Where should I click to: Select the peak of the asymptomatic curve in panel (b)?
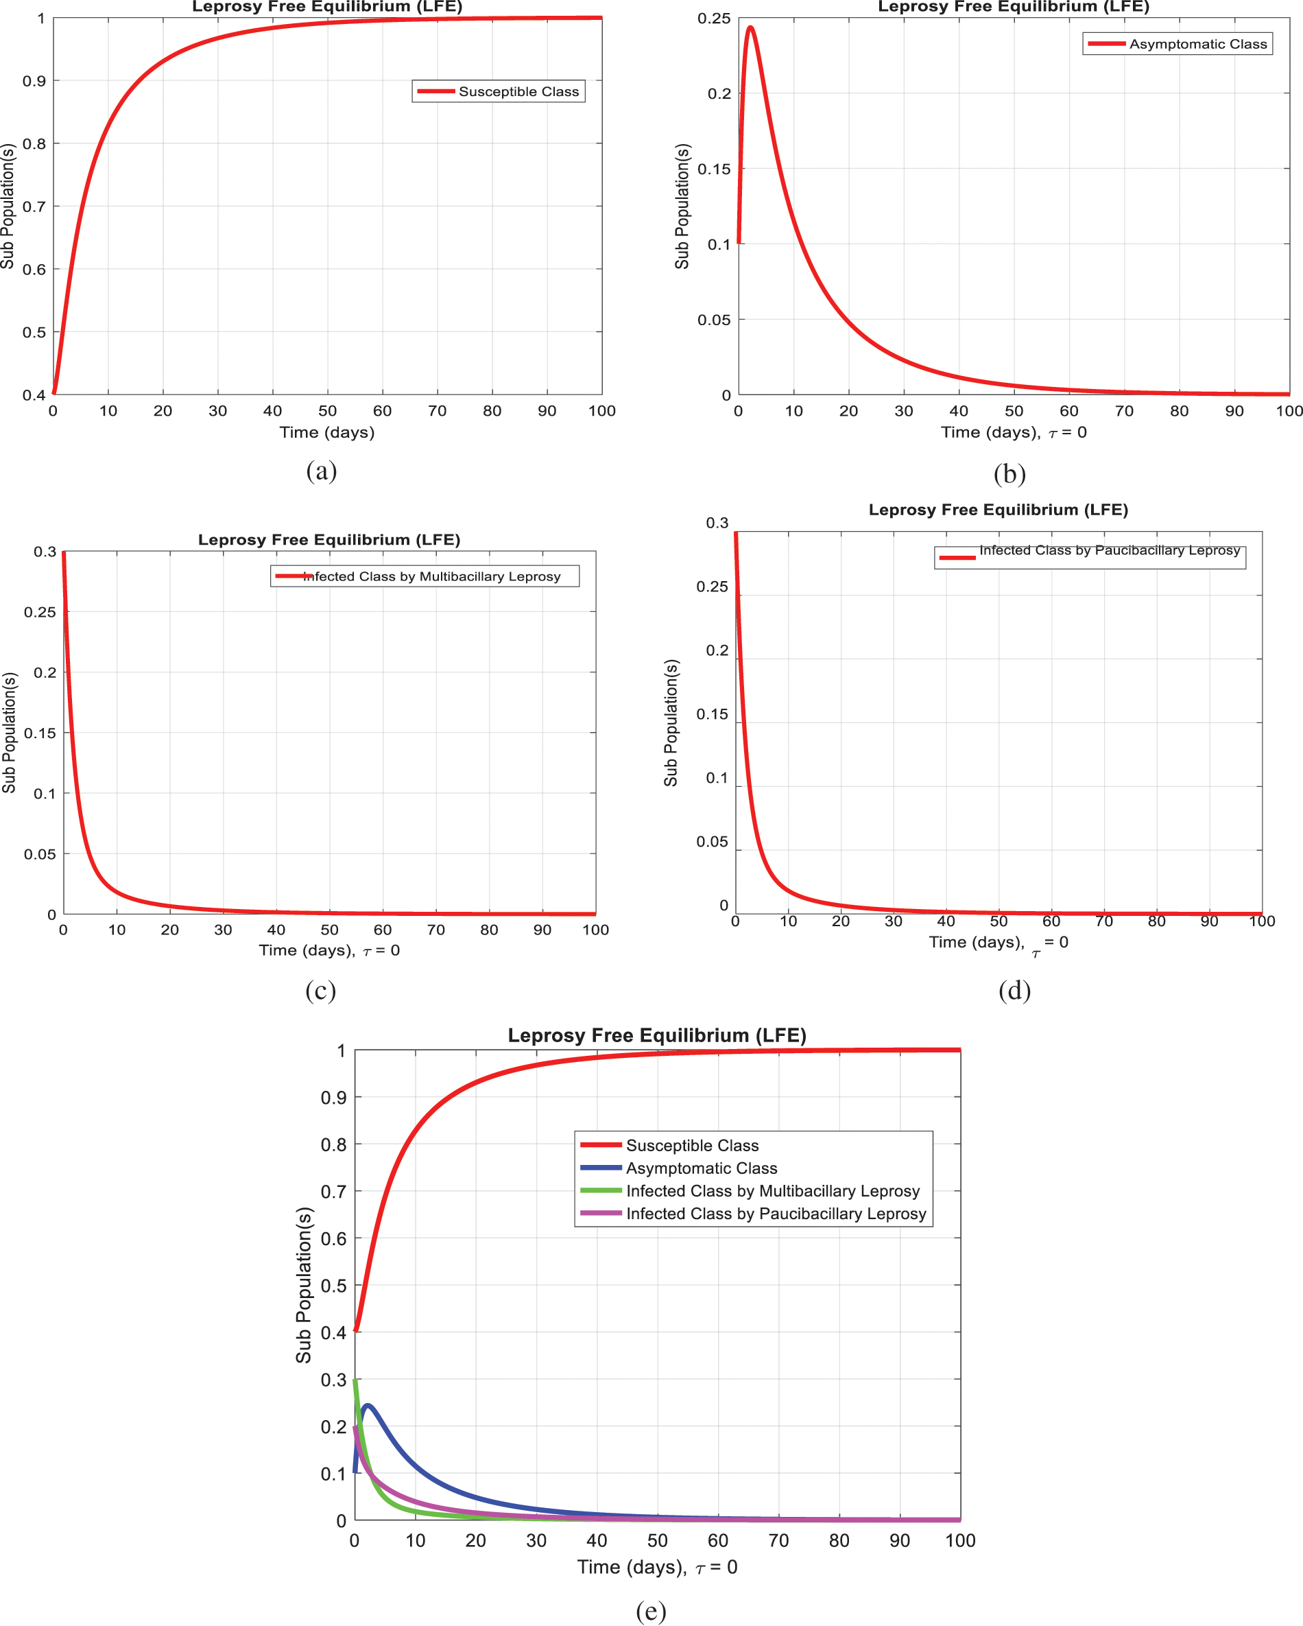click(750, 28)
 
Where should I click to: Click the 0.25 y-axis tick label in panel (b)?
click(714, 18)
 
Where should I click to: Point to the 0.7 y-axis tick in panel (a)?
click(34, 207)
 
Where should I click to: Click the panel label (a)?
click(321, 471)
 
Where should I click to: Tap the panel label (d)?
click(1014, 990)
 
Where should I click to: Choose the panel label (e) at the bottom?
click(651, 1610)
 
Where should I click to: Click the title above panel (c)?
click(328, 539)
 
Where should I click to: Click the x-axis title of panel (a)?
click(326, 432)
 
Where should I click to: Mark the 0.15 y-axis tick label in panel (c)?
click(40, 733)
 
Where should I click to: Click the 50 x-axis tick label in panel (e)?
click(658, 1541)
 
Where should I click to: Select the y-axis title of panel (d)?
click(670, 722)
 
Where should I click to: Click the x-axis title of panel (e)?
click(657, 1567)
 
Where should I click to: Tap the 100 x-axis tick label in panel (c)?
click(595, 930)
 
